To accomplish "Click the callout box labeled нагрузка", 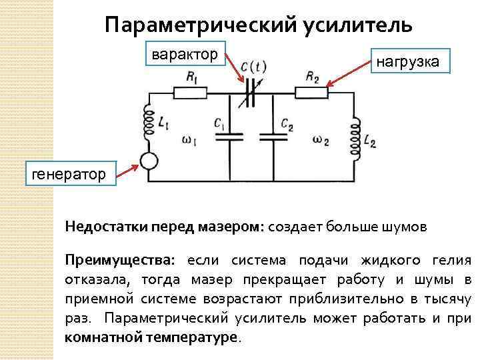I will [x=407, y=62].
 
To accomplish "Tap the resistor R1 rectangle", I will [x=189, y=93].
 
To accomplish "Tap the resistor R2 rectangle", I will [x=312, y=92].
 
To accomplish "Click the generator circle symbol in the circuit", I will [x=147, y=161].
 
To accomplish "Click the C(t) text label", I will [x=253, y=67].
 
